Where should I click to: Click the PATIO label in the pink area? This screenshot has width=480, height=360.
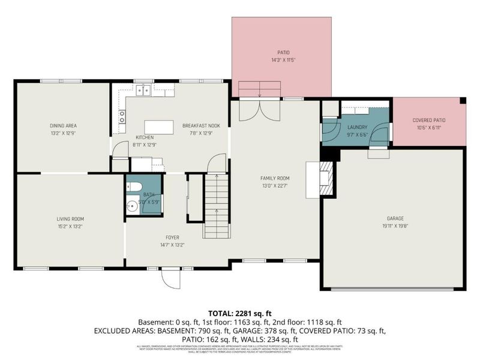[x=283, y=53]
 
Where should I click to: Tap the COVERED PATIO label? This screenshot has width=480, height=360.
[x=429, y=120]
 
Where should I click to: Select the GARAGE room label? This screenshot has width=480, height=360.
[x=393, y=218]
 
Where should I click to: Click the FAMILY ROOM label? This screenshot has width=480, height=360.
[x=275, y=178]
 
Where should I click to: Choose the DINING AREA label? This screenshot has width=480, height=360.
[x=63, y=125]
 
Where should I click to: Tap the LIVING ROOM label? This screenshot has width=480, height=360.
[x=70, y=219]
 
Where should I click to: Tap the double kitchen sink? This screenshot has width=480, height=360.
[x=143, y=91]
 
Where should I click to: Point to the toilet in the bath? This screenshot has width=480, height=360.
[x=135, y=185]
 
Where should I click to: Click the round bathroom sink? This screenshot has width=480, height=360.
[x=133, y=206]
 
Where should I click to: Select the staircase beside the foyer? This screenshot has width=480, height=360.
[x=216, y=205]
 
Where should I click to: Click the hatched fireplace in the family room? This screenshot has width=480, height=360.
[x=325, y=179]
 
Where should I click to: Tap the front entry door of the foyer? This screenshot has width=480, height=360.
[x=170, y=277]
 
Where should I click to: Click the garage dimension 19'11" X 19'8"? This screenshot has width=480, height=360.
[x=393, y=226]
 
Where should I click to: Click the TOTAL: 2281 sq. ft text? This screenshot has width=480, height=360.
[x=240, y=313]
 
